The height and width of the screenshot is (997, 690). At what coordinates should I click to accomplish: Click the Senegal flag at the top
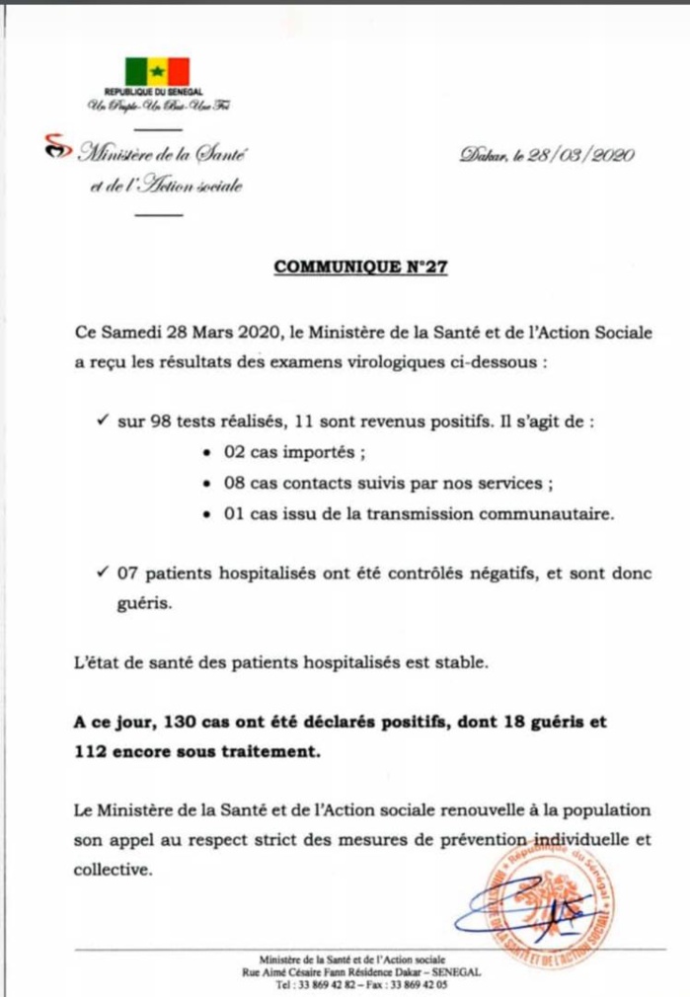tap(157, 72)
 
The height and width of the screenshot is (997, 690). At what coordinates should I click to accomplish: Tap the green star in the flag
tap(157, 72)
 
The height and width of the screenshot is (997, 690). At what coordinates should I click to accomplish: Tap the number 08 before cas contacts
tap(231, 485)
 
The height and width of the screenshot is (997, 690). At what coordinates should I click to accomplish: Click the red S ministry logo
tap(57, 148)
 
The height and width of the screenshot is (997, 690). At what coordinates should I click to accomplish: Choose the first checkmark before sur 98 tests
tap(103, 422)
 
